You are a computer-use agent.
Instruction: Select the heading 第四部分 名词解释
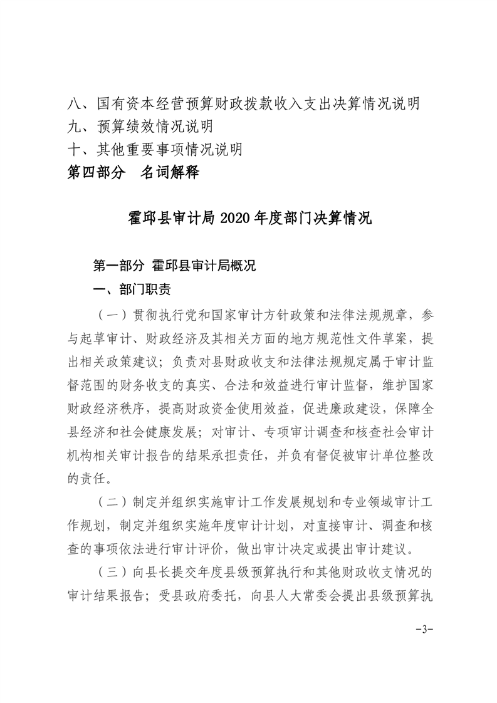point(133,172)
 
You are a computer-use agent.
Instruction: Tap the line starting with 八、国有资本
point(244,103)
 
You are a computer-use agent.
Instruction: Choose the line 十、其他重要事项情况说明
point(155,149)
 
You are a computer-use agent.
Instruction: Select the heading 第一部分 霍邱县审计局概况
point(174,266)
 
